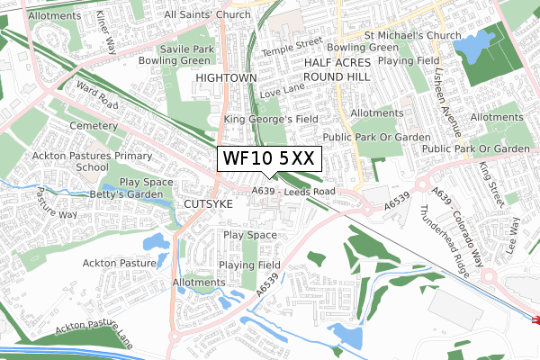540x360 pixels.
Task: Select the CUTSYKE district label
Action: tap(208, 205)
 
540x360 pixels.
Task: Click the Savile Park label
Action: tap(186, 49)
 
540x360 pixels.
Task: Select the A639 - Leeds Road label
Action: tap(293, 192)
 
